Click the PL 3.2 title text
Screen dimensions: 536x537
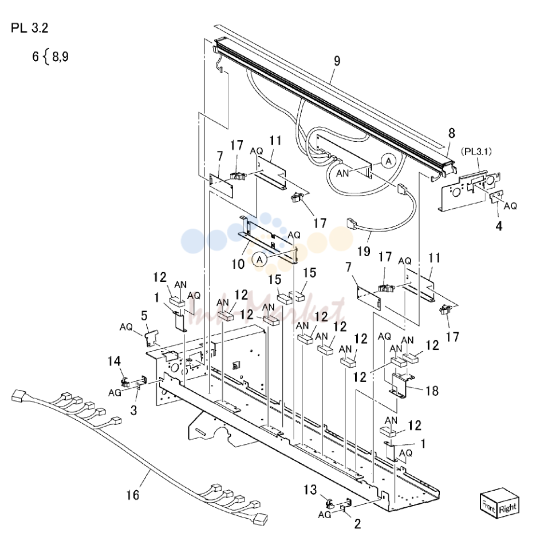point(30,28)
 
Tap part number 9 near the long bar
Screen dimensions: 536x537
point(337,61)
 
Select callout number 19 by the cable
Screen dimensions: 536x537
point(364,252)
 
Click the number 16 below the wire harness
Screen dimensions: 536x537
point(133,495)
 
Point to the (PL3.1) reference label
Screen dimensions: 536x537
point(476,151)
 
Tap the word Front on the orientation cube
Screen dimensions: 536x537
point(489,506)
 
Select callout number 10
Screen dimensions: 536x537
point(238,264)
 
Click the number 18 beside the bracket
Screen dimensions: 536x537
point(432,391)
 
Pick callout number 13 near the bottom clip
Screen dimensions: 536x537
point(310,490)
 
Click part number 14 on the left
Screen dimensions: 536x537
point(114,361)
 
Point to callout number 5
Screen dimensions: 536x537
point(144,316)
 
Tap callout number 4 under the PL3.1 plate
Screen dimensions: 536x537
point(499,226)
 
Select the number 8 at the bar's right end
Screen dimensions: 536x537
point(452,133)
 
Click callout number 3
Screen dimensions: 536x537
point(134,410)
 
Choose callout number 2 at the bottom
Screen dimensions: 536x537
point(357,524)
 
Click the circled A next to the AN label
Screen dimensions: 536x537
point(388,161)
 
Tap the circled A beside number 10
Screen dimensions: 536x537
point(259,260)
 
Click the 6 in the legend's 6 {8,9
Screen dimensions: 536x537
point(36,57)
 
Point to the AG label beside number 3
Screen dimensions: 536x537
point(115,393)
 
